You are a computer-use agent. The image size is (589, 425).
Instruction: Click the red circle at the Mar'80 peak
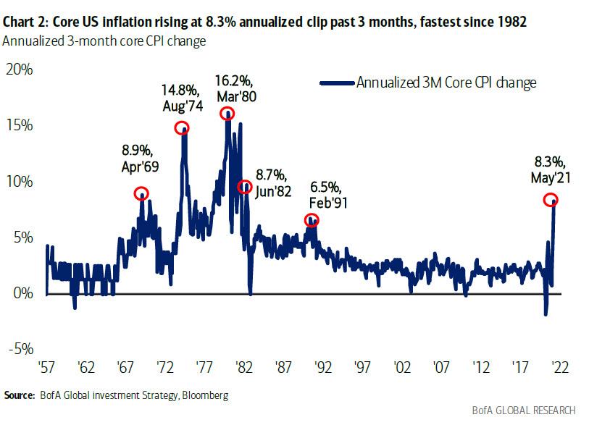point(227,113)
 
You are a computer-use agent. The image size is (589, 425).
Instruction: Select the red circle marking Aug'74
point(182,128)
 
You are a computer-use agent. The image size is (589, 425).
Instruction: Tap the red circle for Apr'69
point(141,193)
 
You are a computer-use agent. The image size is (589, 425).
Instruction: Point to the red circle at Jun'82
point(245,187)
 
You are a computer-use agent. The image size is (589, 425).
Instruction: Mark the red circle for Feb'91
point(311,220)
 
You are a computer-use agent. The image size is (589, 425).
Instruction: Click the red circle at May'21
point(551,200)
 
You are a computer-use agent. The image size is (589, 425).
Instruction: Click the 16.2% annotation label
point(232,78)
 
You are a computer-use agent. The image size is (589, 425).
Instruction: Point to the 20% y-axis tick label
point(19,70)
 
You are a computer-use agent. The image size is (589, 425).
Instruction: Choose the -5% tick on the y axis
point(20,349)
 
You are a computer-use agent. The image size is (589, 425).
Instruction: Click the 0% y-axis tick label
point(22,293)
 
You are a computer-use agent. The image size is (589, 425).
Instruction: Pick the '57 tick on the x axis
point(46,367)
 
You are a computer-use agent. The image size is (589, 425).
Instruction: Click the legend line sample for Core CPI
point(337,83)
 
